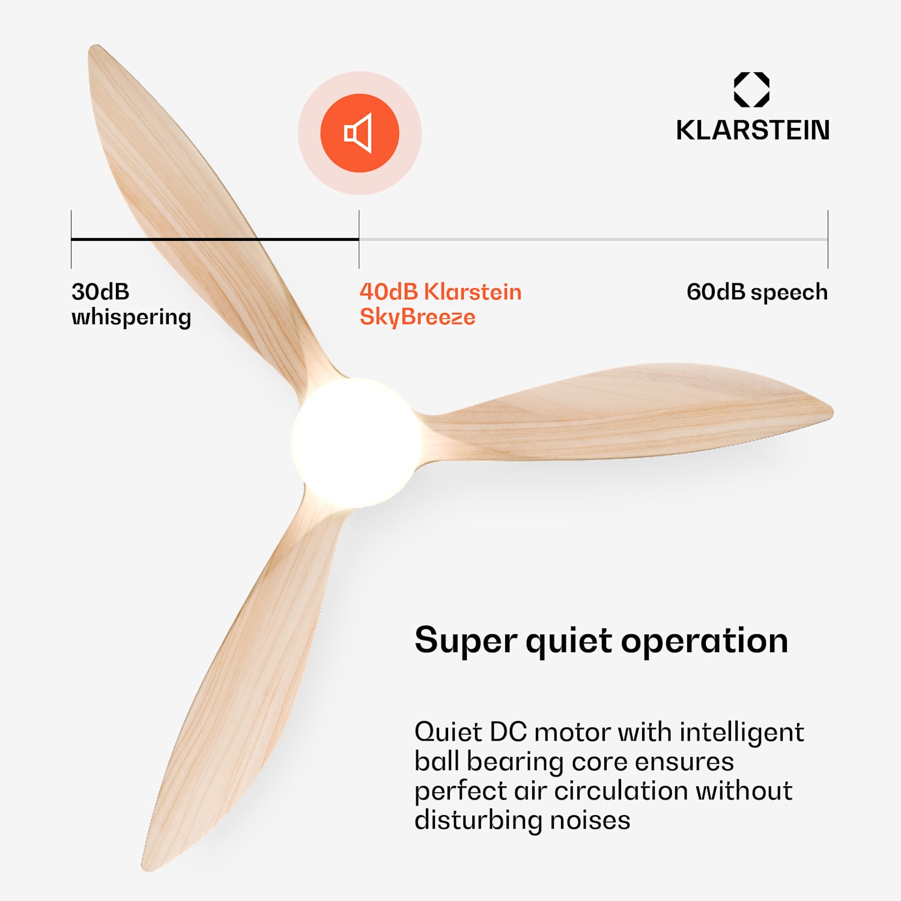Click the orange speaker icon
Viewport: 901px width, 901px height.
coord(359,133)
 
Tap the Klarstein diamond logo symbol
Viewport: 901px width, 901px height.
coord(751,90)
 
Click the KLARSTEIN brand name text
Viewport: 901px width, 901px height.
coord(753,130)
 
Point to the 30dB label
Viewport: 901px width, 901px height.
coord(100,292)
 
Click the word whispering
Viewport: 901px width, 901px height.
coord(131,317)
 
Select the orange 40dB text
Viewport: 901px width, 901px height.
coord(389,292)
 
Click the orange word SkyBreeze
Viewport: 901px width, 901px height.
coord(417,317)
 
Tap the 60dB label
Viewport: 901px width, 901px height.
coord(715,292)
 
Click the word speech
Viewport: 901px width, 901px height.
coord(789,293)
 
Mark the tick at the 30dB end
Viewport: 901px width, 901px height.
coord(71,239)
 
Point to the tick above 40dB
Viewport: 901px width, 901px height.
coord(359,239)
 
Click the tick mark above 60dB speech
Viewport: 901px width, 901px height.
coord(828,239)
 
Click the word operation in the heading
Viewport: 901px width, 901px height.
coord(704,641)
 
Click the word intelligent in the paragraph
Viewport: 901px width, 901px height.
coord(741,733)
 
